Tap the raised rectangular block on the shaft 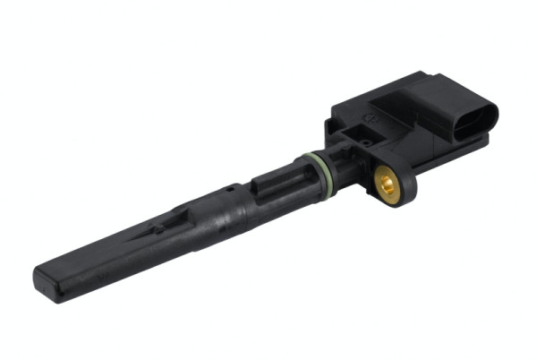(267, 184)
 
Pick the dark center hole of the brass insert (387, 186)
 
